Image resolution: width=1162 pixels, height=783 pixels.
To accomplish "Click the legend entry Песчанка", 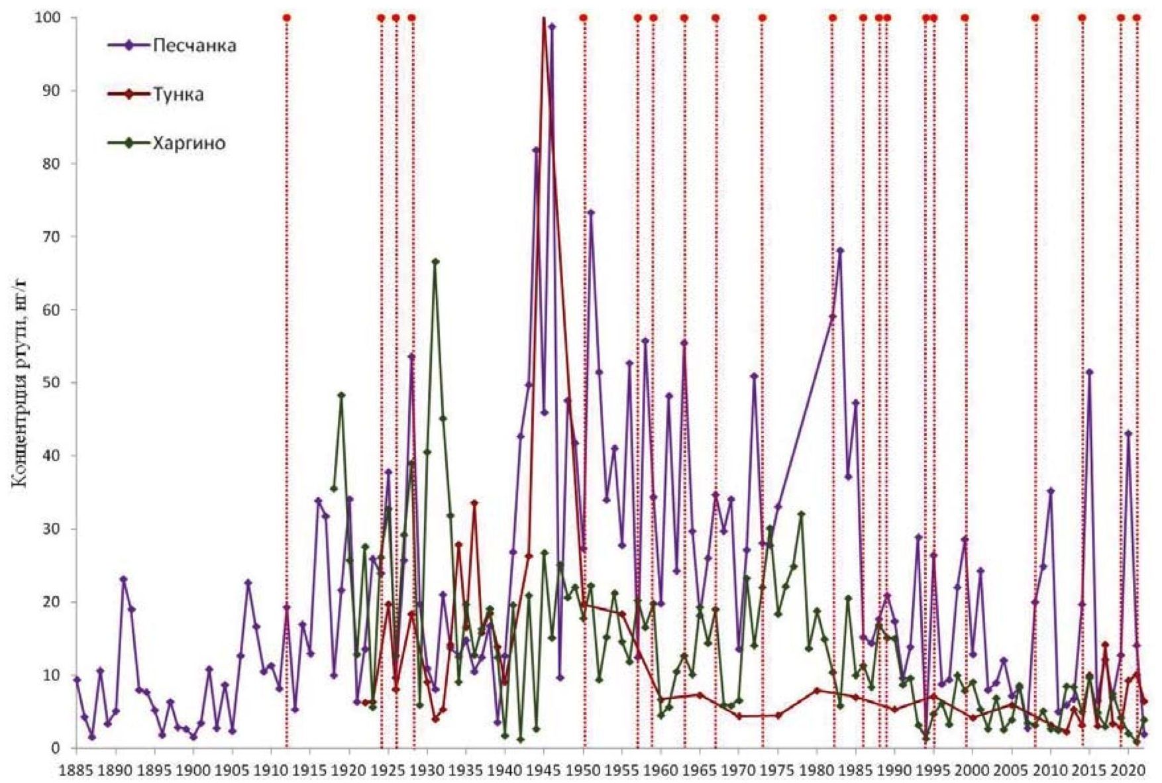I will click(193, 46).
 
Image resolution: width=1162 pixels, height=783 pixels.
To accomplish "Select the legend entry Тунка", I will click(178, 94).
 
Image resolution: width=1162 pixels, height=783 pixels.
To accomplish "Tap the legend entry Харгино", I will click(188, 143).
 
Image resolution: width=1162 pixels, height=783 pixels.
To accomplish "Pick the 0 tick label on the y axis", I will click(58, 749).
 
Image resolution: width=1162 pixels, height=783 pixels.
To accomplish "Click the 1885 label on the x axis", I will click(77, 770).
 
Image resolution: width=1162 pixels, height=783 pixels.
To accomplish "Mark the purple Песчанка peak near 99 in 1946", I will click(552, 26).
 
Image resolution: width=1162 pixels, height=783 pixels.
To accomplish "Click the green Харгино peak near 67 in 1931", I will click(435, 261).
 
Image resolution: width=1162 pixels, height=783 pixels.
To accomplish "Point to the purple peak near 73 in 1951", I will click(591, 213).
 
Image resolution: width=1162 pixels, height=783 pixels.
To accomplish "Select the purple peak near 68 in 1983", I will click(840, 250).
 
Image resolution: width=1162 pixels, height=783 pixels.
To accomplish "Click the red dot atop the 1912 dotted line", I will click(287, 17).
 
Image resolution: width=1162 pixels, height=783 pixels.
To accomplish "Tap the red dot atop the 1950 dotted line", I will click(584, 17).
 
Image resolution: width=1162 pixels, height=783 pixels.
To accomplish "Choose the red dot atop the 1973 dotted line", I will click(763, 17).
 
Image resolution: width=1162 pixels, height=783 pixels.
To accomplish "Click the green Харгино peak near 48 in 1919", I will click(342, 395).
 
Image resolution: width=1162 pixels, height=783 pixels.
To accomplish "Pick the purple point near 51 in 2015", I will click(1089, 372).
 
